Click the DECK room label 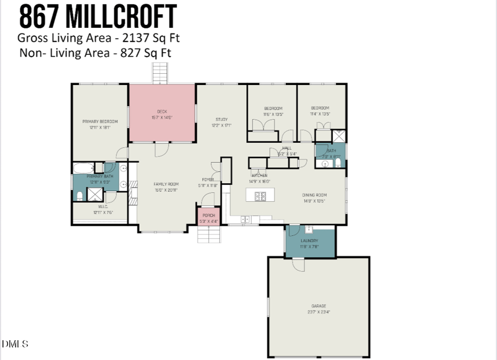tap(162, 111)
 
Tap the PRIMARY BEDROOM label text tap(100, 121)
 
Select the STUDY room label tap(222, 119)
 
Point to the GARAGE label tap(319, 306)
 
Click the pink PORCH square tap(207, 217)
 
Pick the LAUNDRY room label tap(309, 241)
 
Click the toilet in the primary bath tap(80, 196)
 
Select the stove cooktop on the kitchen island tap(260, 197)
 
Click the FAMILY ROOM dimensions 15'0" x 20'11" tap(166, 189)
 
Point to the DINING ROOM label tap(314, 196)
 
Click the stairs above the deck tap(161, 74)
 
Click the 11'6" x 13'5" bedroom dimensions tap(273, 114)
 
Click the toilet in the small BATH tap(337, 156)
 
